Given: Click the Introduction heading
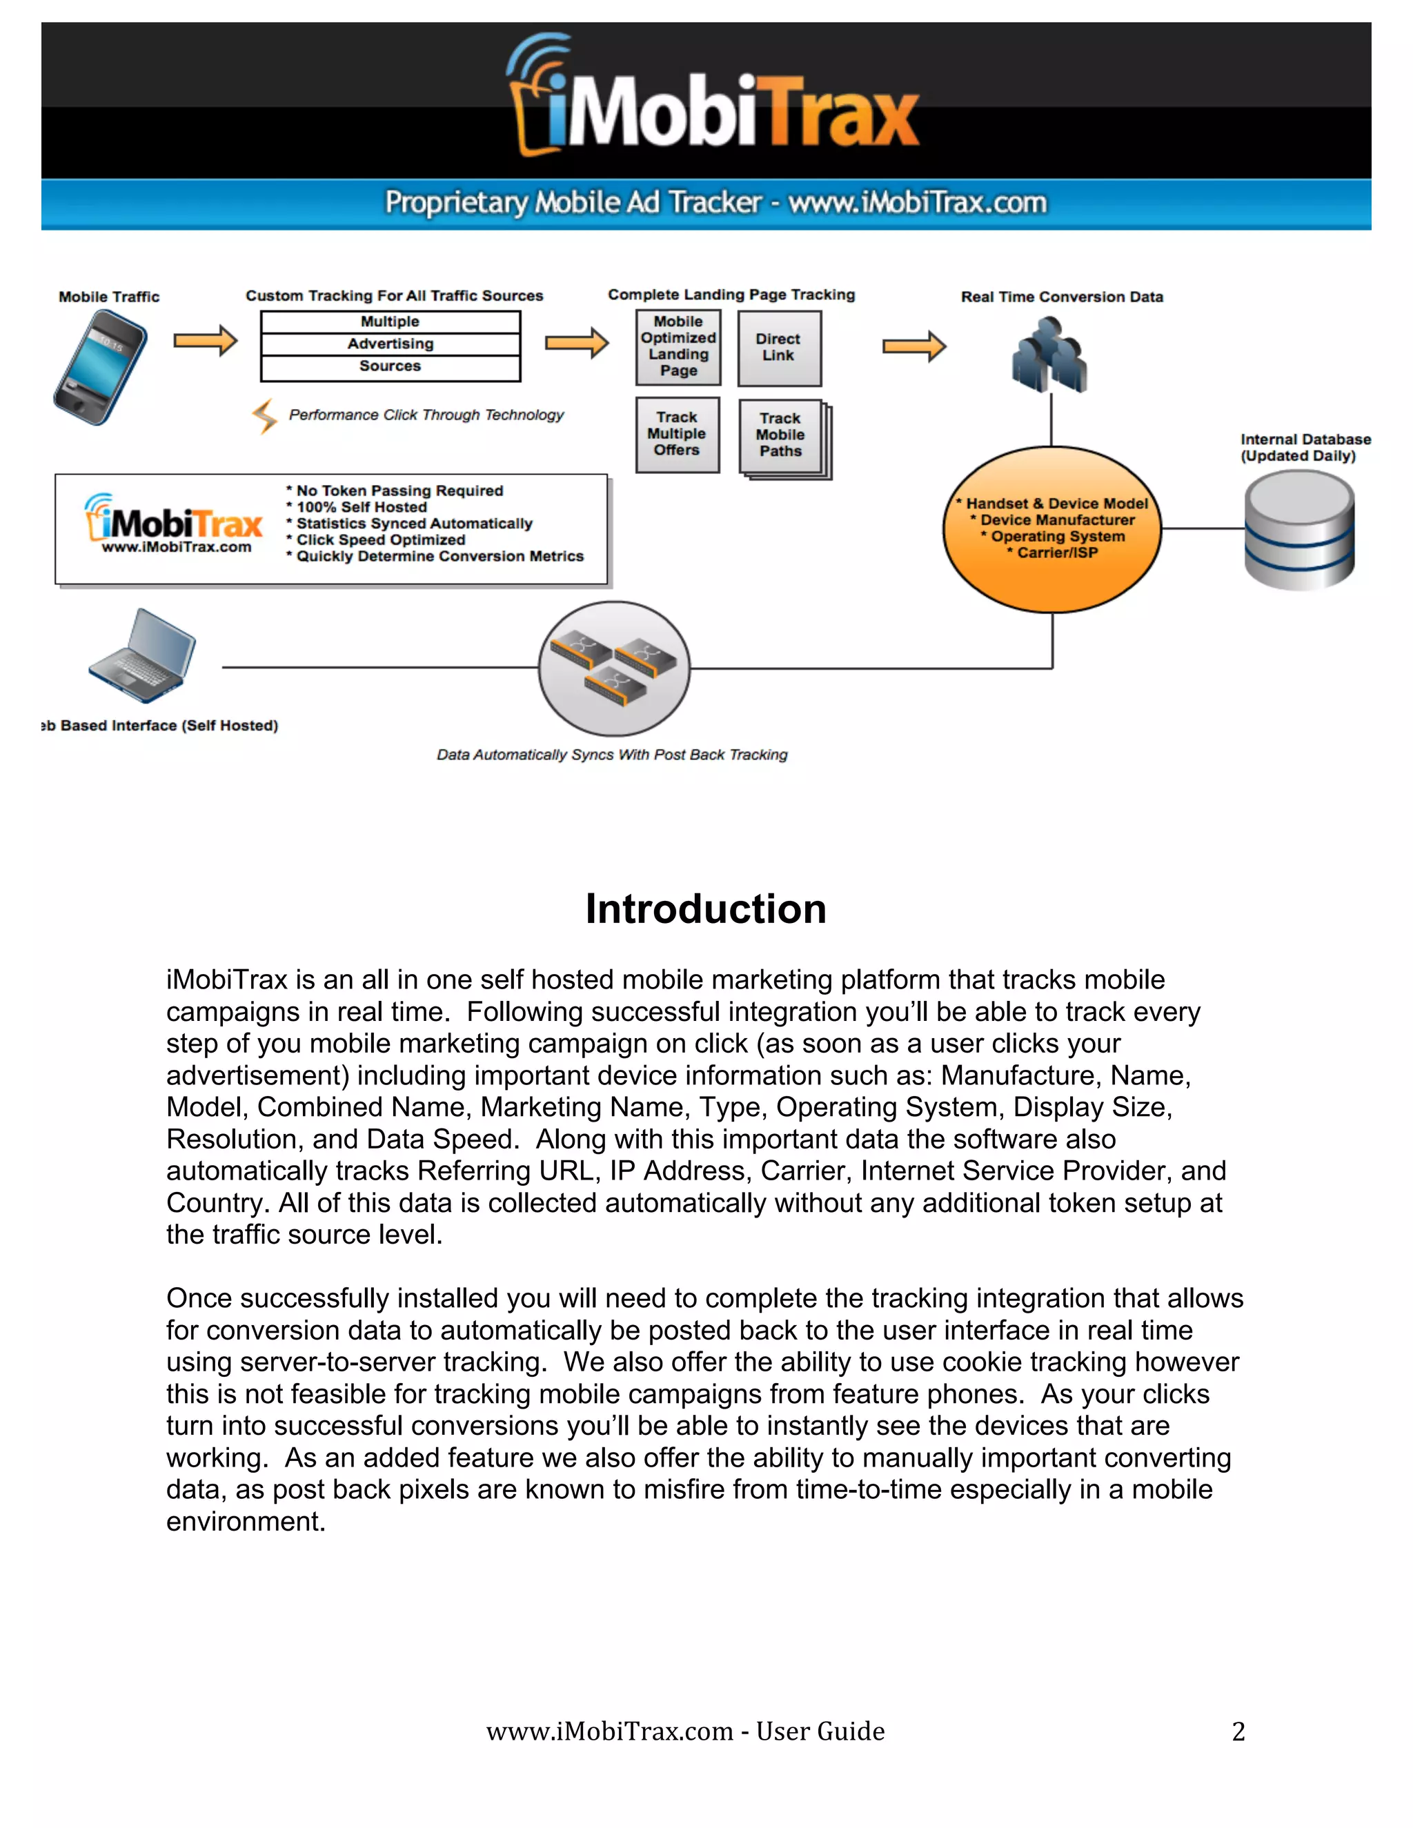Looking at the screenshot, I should coord(706,909).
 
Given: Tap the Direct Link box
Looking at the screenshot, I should coord(778,348).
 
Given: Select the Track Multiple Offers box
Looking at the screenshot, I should coord(678,434).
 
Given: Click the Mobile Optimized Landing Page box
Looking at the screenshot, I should coord(678,346).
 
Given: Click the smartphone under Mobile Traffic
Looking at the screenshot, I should coord(101,366).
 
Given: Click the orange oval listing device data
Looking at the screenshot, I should coord(1052,529).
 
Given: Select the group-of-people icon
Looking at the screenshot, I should coord(1049,355).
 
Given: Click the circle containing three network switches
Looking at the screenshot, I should coord(615,668).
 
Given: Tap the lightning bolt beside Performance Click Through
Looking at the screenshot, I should coord(264,415).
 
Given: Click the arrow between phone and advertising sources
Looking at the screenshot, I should coord(205,341).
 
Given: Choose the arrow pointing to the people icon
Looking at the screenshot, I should coord(914,346).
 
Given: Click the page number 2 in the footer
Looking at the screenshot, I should coord(1238,1731).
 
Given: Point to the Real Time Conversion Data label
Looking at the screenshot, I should coord(1061,297).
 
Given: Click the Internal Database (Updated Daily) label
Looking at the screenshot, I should coord(1304,448).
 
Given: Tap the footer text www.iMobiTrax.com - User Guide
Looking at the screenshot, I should coord(684,1731).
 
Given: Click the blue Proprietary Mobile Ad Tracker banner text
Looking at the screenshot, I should coord(715,203).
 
